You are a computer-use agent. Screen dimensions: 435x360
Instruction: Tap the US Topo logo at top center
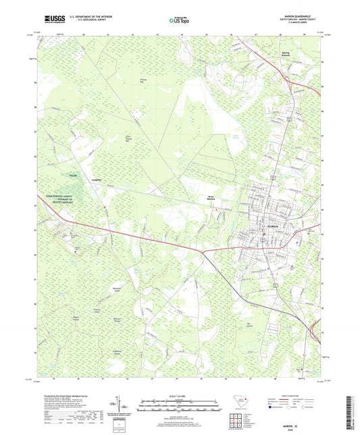(180, 20)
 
